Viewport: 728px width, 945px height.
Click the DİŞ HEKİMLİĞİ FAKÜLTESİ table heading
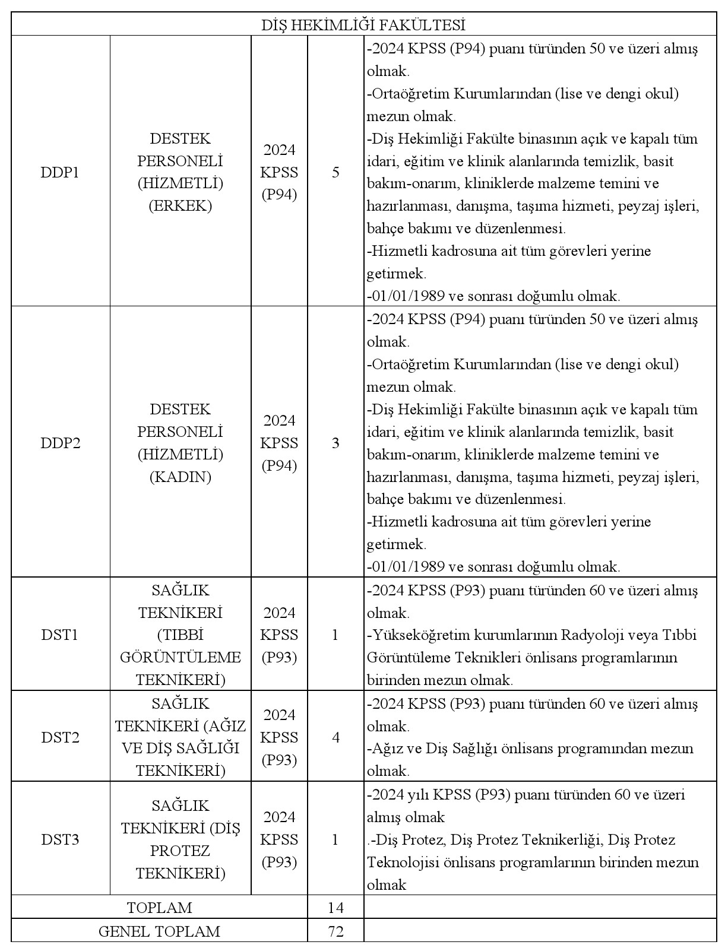click(363, 25)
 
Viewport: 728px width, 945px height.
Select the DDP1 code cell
click(60, 173)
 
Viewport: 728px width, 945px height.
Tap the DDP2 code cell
click(60, 443)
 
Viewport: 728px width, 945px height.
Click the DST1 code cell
click(60, 635)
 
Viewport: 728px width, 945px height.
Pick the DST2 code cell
click(60, 738)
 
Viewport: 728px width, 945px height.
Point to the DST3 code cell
click(60, 840)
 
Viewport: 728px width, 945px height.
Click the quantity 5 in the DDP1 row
click(335, 173)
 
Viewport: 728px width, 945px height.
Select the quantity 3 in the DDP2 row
click(335, 443)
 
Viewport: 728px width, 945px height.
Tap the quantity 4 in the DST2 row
click(335, 738)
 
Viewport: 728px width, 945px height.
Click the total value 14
click(335, 908)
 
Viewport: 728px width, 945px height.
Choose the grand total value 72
click(335, 931)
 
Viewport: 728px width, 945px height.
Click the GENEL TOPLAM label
click(159, 931)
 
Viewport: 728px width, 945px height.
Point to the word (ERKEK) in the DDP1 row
click(181, 206)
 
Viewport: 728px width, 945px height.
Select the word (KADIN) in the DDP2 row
click(181, 477)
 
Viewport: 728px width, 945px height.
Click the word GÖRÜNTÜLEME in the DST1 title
click(181, 658)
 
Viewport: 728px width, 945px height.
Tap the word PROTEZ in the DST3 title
click(181, 851)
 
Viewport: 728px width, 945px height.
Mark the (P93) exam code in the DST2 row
click(279, 760)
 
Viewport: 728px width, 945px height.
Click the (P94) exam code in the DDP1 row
click(279, 195)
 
